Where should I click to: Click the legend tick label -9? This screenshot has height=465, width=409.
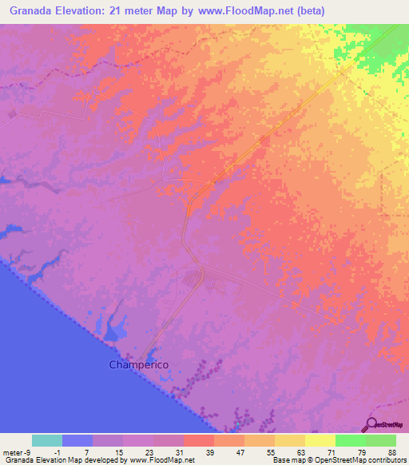[28, 452]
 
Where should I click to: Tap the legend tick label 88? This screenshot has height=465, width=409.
[392, 452]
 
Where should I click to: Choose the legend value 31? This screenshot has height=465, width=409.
[181, 452]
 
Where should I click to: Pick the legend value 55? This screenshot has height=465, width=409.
[272, 452]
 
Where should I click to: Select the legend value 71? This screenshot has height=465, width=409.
[332, 452]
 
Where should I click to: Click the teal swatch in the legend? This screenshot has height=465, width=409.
[47, 440]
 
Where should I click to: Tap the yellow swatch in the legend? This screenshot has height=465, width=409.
[320, 440]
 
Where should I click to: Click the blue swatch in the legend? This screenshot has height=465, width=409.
[77, 440]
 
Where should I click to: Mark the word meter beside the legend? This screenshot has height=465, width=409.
[11, 452]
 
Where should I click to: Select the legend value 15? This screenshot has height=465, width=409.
[120, 452]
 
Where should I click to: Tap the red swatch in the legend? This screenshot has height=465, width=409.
[199, 440]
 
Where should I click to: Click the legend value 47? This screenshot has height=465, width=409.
[241, 452]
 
